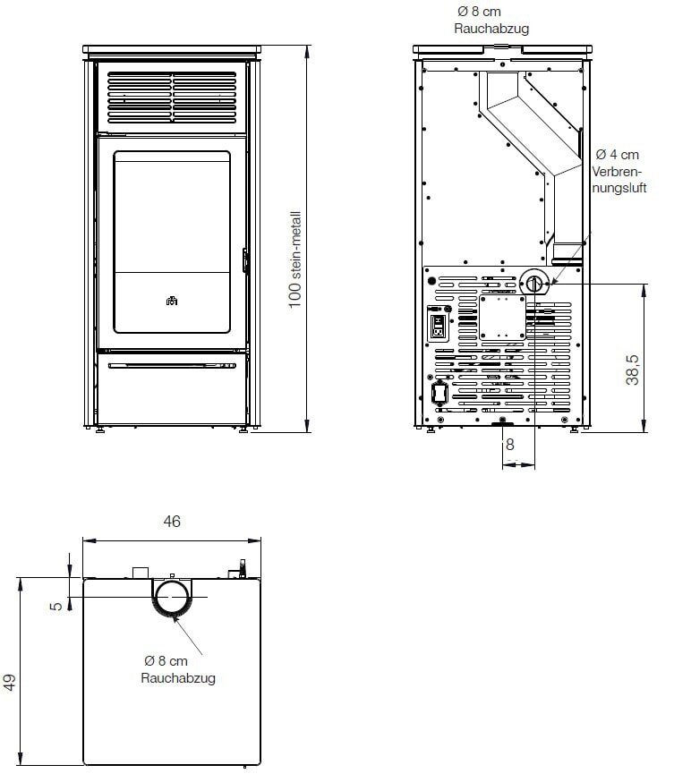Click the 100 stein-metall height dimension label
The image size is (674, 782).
(x=294, y=259)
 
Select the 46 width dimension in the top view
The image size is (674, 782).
(x=173, y=522)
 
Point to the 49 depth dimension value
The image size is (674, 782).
(x=10, y=684)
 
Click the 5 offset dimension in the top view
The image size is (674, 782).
(x=58, y=606)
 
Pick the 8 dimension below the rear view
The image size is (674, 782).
(x=509, y=444)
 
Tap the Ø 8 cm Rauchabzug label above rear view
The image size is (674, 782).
(x=491, y=21)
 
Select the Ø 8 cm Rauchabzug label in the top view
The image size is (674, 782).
(x=177, y=669)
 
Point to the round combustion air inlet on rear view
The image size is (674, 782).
(x=534, y=284)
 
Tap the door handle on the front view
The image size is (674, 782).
(x=244, y=260)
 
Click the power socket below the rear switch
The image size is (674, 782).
(x=439, y=392)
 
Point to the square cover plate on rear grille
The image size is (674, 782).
(x=501, y=317)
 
